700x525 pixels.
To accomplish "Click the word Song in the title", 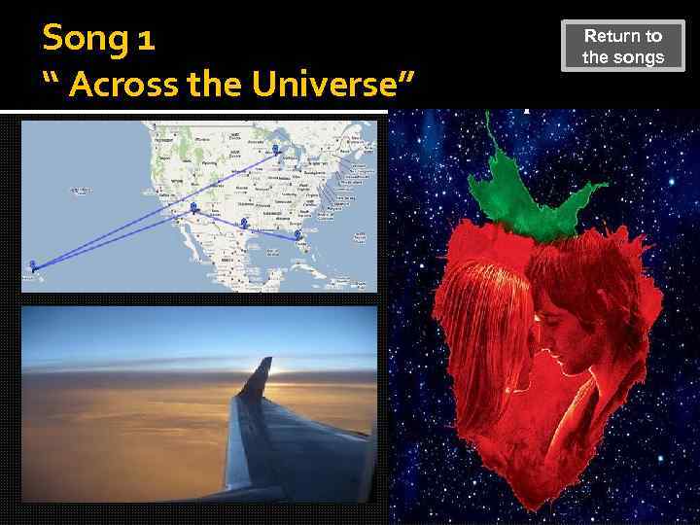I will pyautogui.click(x=84, y=40).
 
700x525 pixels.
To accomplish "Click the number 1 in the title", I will pyautogui.click(x=145, y=40).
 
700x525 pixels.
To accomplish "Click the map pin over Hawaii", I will pyautogui.click(x=33, y=264).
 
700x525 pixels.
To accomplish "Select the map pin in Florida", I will pyautogui.click(x=297, y=234).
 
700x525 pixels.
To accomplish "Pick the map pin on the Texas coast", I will pyautogui.click(x=244, y=224).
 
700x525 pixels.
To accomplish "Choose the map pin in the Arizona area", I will pyautogui.click(x=193, y=208).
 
